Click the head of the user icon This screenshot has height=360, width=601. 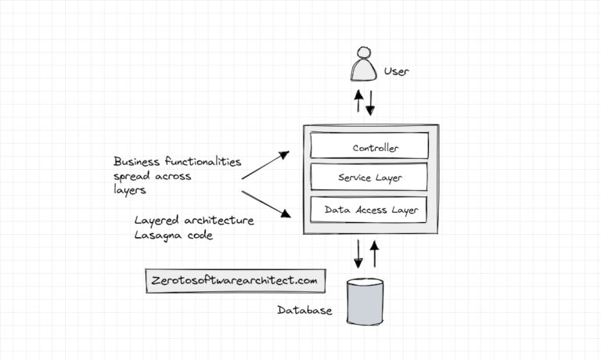(x=362, y=56)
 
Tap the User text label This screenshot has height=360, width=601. (x=397, y=72)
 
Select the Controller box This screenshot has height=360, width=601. (x=369, y=146)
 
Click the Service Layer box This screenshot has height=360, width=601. (x=369, y=178)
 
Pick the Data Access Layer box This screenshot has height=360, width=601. (x=369, y=210)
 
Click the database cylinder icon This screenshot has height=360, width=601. (x=365, y=301)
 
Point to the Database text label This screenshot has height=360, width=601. (x=304, y=311)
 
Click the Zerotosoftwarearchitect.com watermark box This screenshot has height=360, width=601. (x=235, y=280)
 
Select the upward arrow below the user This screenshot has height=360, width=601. (x=358, y=101)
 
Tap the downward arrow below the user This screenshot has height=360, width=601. (x=371, y=101)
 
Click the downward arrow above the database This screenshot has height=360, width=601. (x=359, y=253)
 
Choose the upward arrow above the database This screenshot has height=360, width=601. (x=374, y=253)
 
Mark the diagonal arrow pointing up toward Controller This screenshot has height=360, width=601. (x=265, y=165)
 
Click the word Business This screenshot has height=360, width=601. (x=138, y=162)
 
